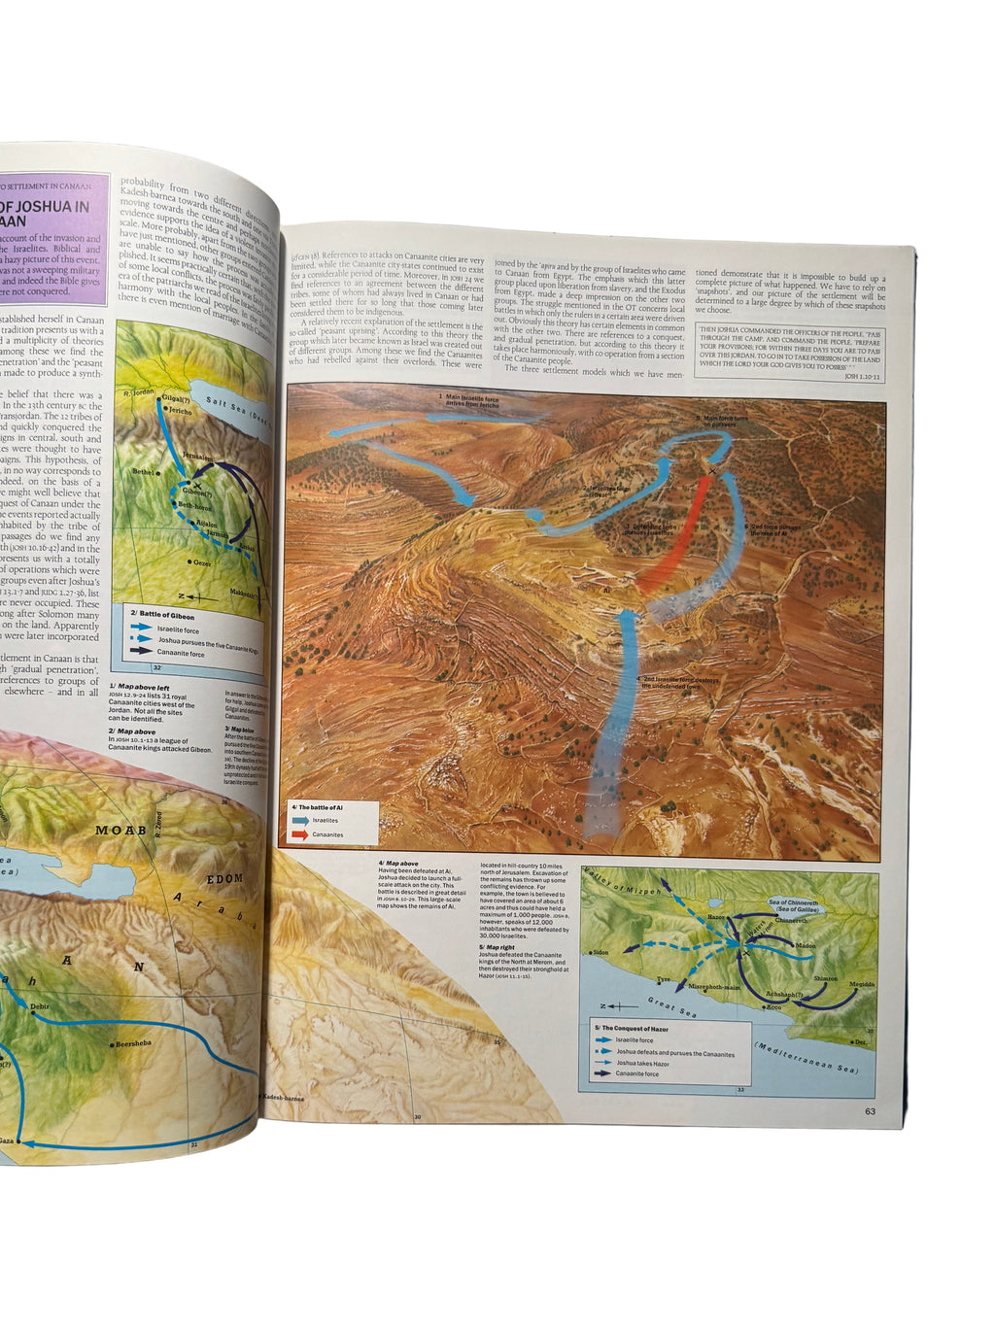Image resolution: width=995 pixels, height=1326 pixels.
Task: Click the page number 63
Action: tap(870, 1111)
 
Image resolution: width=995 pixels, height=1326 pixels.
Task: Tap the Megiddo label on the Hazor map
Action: tap(862, 984)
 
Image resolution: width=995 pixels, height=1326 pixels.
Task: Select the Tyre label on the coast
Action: tap(664, 979)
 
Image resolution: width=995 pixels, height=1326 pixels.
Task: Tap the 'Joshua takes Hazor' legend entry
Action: tap(642, 1063)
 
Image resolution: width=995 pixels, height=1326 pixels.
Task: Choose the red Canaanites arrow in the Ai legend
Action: tap(299, 834)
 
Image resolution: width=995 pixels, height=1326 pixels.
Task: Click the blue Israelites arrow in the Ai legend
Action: tap(299, 821)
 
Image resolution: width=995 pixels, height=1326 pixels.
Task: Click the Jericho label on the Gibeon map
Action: tap(181, 411)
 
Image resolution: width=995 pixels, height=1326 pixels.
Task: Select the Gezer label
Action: tap(201, 562)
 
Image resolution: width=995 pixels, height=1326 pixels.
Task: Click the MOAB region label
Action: tap(120, 831)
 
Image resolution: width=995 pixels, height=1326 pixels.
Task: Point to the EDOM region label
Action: tap(224, 878)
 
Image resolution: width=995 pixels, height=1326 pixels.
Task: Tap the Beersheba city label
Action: tap(133, 1043)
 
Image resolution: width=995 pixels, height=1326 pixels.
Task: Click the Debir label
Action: tap(40, 1006)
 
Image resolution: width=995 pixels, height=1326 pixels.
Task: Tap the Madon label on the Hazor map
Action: tap(805, 945)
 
